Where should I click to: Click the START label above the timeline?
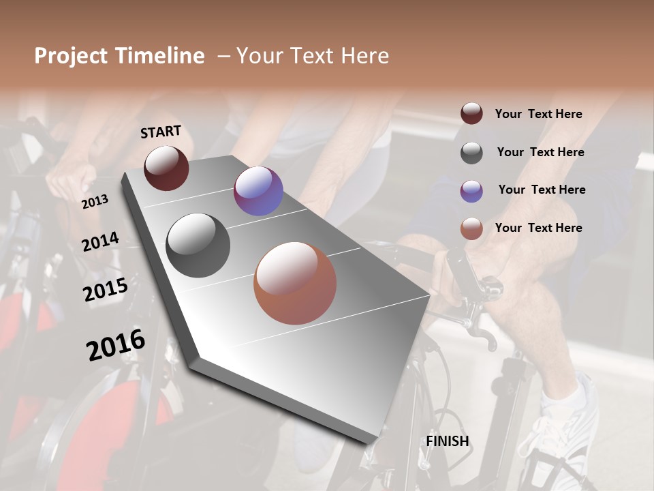161,132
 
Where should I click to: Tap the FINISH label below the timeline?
447,441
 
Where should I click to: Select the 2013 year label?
95,202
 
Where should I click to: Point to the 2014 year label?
100,242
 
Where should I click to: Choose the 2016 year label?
116,344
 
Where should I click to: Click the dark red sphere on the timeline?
166,168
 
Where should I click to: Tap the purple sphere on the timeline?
258,191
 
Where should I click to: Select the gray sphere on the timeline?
198,245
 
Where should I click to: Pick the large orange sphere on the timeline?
295,283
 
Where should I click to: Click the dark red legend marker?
471,114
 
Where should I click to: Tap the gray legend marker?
471,152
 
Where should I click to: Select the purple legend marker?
471,190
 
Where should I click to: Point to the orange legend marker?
471,228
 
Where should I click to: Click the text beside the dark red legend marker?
538,114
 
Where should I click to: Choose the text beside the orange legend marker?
538,228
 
